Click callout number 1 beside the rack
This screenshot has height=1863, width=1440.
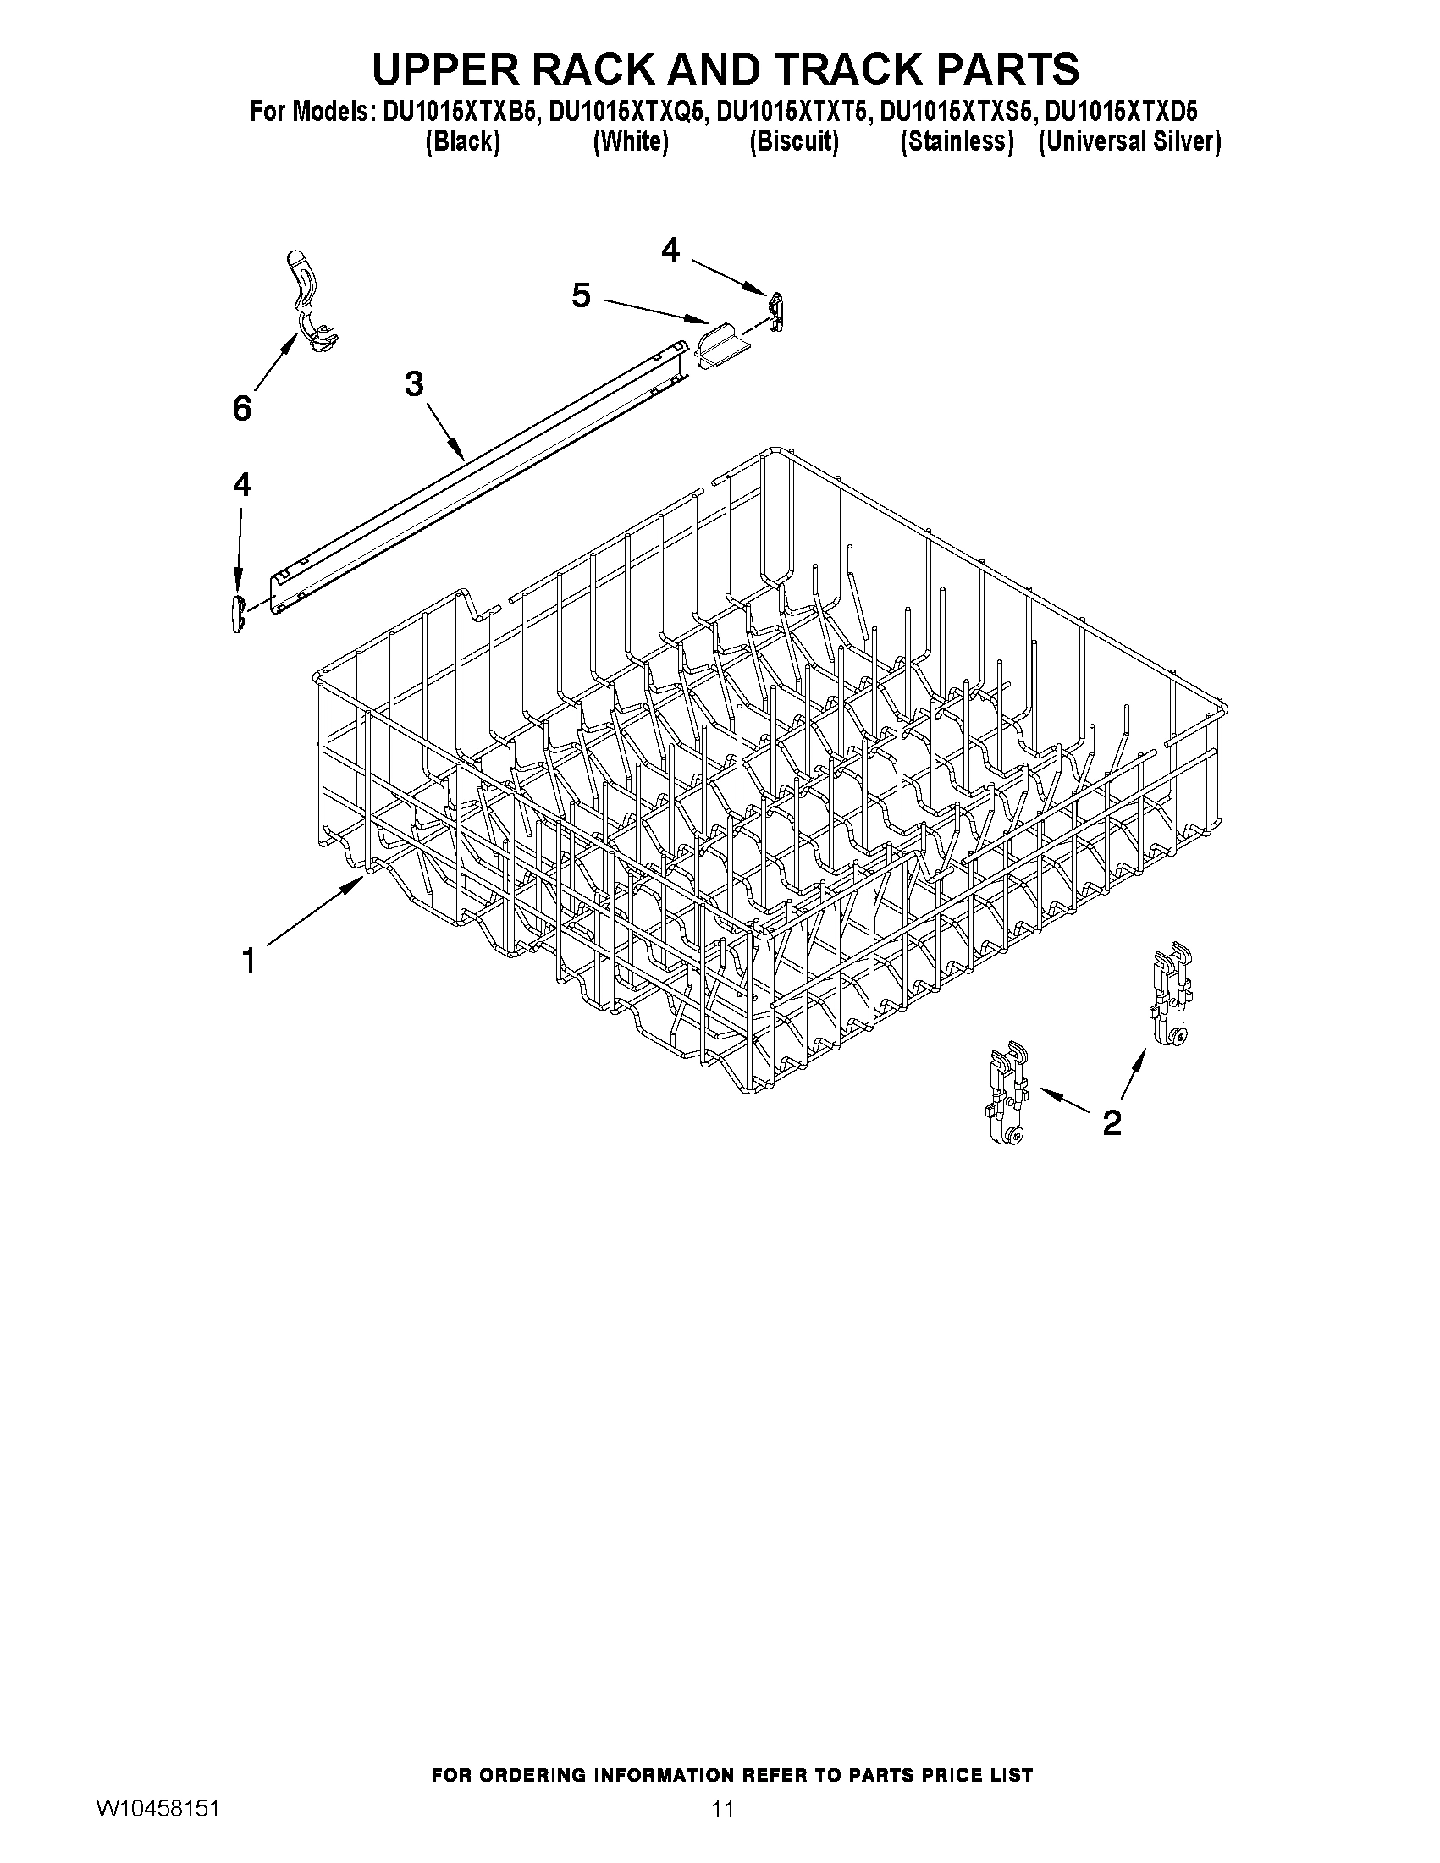tap(248, 962)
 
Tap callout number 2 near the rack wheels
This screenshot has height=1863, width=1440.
tap(1112, 1122)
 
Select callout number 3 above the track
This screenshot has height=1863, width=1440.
tap(414, 385)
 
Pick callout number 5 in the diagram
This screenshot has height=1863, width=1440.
tap(581, 296)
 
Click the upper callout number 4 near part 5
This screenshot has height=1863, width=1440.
tap(670, 250)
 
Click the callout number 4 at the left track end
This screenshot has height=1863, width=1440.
tap(242, 485)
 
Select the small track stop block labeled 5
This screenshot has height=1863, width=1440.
tap(719, 348)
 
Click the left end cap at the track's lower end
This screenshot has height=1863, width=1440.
tap(237, 615)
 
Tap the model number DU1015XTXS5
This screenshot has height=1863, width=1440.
tap(958, 112)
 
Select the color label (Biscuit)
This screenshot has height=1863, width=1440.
tap(793, 141)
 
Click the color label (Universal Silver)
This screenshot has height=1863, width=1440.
tap(1129, 141)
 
